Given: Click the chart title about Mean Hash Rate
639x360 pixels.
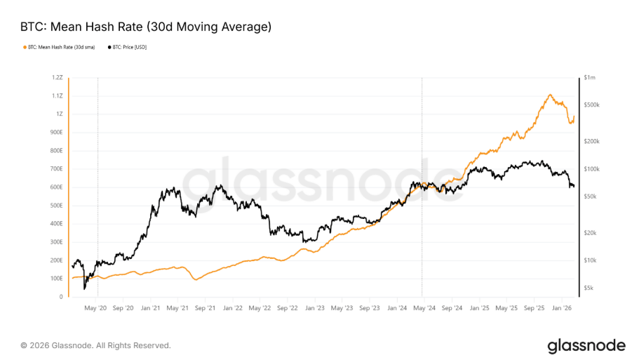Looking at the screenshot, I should pos(145,27).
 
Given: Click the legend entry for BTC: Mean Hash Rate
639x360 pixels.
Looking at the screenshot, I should pos(62,47).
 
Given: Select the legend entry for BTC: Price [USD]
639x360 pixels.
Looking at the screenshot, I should pos(130,47).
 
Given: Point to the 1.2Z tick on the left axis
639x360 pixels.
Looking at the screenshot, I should pos(58,77).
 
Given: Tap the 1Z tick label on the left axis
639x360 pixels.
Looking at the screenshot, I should pos(60,114).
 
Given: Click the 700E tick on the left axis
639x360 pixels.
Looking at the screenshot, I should pos(57,169).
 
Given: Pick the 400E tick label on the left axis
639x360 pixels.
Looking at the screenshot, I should pos(57,224).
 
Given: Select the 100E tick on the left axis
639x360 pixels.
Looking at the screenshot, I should pos(57,279).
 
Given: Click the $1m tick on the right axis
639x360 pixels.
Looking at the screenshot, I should pos(589,77).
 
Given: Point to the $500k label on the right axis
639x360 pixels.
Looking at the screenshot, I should pos(592,105).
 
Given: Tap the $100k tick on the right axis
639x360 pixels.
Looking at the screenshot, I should pos(592,169).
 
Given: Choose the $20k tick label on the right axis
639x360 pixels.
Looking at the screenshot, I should pos(591,233).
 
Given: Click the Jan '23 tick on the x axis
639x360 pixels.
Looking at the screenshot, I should pos(315,307).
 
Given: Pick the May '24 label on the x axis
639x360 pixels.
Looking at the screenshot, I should pos(425,307).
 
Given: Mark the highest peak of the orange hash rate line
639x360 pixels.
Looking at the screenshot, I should pos(550,95).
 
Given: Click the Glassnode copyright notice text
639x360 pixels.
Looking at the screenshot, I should pos(95,345).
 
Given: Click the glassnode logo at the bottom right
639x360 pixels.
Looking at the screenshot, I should pos(586,345).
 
